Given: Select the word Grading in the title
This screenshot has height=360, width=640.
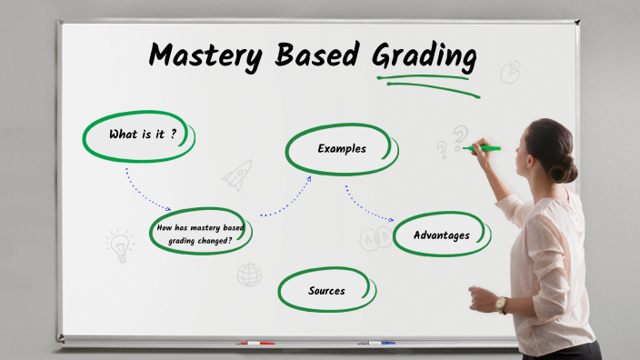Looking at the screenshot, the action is click(424, 55).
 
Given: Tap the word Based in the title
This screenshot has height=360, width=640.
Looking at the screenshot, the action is click(314, 55).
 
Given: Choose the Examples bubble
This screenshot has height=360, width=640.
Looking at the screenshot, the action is click(342, 148).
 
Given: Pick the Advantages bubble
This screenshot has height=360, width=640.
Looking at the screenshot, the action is click(442, 235).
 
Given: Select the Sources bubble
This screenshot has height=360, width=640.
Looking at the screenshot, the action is click(326, 291).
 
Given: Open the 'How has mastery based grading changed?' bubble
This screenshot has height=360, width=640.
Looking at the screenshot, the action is click(200, 234).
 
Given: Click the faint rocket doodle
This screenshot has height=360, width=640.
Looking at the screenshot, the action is click(238, 174).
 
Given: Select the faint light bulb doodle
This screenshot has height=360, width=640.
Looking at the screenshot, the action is click(119, 245).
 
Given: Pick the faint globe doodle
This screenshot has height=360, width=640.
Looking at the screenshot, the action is click(249, 275).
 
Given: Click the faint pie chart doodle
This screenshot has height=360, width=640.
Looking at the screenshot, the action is click(510, 71).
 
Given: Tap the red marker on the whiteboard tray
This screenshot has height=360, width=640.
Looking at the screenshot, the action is click(255, 344).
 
